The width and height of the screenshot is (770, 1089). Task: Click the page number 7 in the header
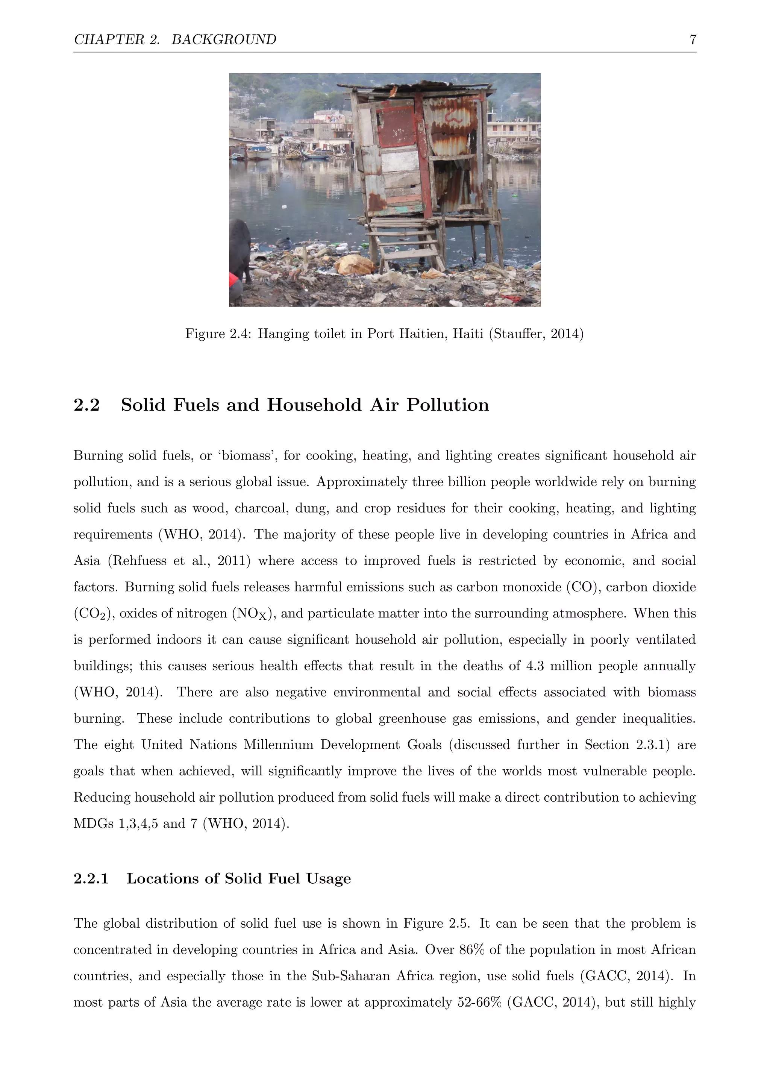(693, 39)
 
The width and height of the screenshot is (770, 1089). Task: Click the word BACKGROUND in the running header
(223, 39)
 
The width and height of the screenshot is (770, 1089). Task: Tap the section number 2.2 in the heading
(86, 405)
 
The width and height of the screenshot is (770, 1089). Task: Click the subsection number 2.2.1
(91, 878)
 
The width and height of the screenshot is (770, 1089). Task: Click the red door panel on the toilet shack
(396, 126)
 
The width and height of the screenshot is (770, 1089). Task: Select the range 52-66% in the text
(479, 1003)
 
